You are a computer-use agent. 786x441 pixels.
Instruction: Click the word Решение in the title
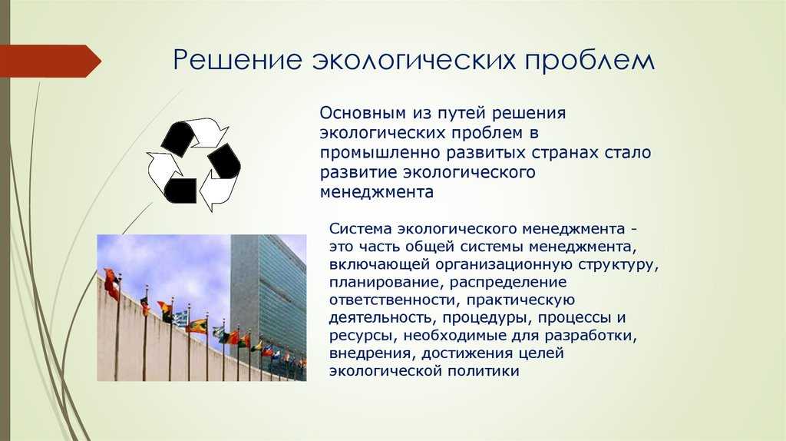pos(238,60)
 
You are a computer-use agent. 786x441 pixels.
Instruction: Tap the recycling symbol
pos(193,164)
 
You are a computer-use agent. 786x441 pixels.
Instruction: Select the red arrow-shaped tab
pos(50,61)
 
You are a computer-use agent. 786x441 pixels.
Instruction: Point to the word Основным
pos(362,113)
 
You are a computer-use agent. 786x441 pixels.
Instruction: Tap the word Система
pos(360,229)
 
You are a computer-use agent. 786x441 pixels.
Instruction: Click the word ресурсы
pos(363,337)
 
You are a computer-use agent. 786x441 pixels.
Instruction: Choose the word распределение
pos(508,283)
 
